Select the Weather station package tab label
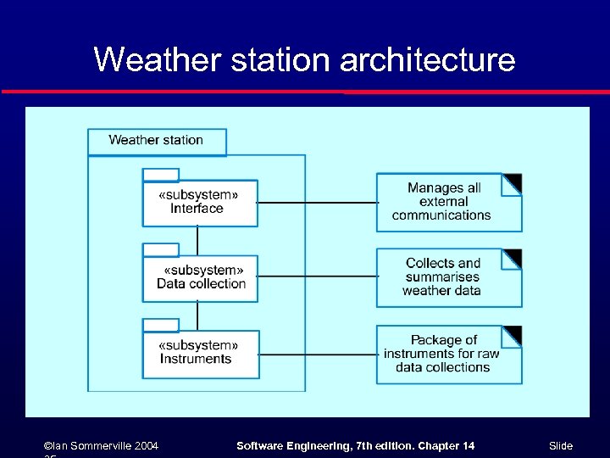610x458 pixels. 157,141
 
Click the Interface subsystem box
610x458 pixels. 200,204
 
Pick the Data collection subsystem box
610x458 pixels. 200,278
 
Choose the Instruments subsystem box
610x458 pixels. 200,354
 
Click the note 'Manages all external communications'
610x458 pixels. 442,203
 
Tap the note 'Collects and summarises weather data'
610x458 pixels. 442,277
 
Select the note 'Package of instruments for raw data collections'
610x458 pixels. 442,354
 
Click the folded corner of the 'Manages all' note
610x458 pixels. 513,182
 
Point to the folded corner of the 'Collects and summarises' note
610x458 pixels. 513,257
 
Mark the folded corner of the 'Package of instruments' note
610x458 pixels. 513,334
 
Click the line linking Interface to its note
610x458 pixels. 317,203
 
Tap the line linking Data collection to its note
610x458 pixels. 317,276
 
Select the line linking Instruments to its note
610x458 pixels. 317,354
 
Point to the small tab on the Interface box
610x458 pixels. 161,175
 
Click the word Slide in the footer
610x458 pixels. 561,446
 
